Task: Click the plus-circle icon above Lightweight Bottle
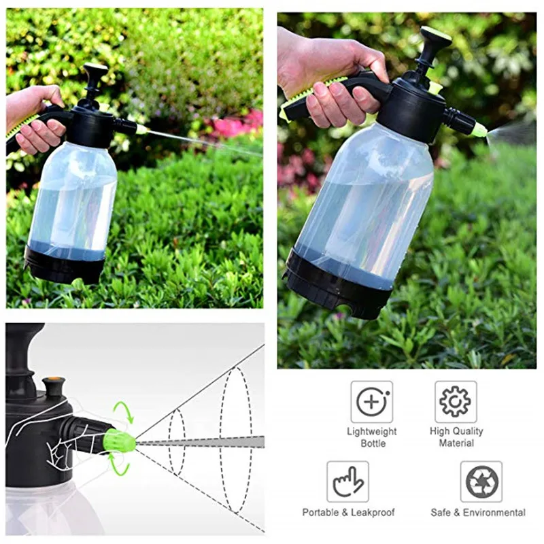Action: coord(371,402)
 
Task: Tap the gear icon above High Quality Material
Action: coord(456,402)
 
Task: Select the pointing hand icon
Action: coord(347,481)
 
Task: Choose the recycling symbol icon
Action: coord(481,481)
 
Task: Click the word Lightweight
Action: coord(371,431)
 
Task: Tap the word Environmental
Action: coord(494,513)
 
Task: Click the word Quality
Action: coord(466,431)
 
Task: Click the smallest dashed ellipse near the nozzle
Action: coord(169,442)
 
